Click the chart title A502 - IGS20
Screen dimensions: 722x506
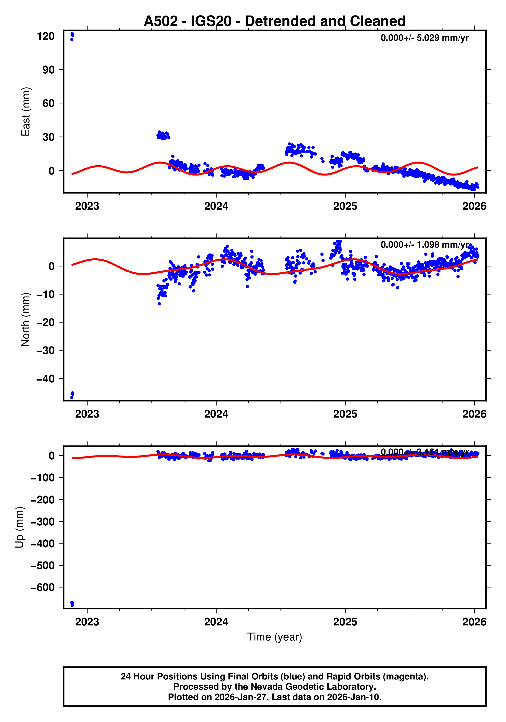point(274,21)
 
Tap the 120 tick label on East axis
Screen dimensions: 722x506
point(46,36)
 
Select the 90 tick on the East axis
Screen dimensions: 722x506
point(49,70)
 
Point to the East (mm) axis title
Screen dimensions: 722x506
point(25,112)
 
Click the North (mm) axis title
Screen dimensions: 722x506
point(25,319)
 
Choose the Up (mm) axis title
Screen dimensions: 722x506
point(20,527)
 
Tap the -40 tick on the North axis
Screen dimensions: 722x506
point(46,379)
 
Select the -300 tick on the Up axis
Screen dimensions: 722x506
point(43,522)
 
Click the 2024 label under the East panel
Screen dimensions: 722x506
point(216,206)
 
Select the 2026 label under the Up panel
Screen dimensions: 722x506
point(474,622)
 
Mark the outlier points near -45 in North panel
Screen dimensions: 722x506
point(72,395)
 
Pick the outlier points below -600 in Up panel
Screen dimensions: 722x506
point(72,604)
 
